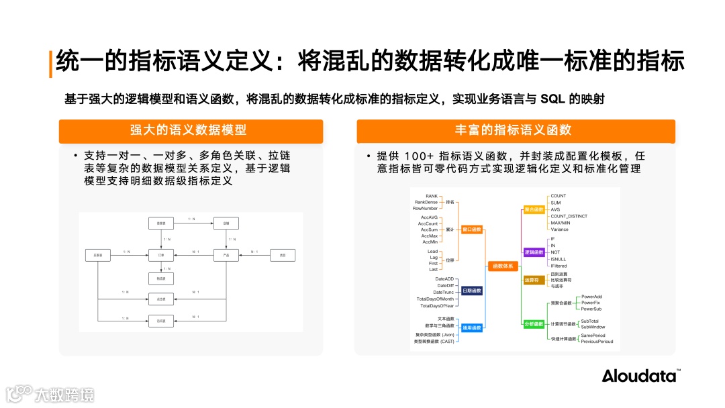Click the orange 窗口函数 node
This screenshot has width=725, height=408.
pyautogui.click(x=472, y=229)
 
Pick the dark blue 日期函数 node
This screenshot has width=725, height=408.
pyautogui.click(x=472, y=291)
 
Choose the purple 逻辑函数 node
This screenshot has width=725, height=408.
pyautogui.click(x=534, y=252)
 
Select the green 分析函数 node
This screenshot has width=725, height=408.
pyautogui.click(x=534, y=324)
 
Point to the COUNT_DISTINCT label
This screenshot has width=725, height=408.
pyautogui.click(x=569, y=216)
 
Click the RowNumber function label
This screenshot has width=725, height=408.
pyautogui.click(x=425, y=209)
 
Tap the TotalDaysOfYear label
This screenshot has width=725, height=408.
pyautogui.click(x=437, y=306)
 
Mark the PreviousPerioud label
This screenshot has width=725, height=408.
pyautogui.click(x=597, y=342)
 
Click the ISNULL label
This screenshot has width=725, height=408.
pyautogui.click(x=558, y=259)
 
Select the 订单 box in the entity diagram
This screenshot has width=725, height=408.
pyautogui.click(x=161, y=255)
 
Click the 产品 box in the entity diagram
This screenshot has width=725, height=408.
pyautogui.click(x=226, y=255)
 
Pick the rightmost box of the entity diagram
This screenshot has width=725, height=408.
pyautogui.click(x=283, y=255)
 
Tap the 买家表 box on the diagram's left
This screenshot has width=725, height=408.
pyautogui.click(x=98, y=255)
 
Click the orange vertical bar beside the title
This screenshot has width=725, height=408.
pyautogui.click(x=50, y=63)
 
